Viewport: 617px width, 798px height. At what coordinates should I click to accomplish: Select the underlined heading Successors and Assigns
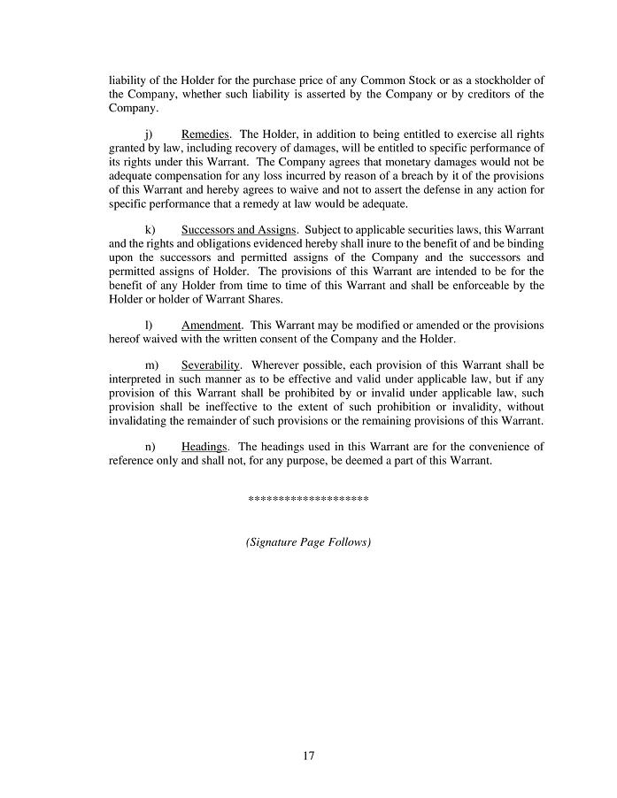[x=238, y=230]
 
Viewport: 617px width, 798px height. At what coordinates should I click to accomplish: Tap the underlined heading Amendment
[x=211, y=326]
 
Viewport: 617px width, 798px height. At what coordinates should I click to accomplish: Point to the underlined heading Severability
[x=210, y=364]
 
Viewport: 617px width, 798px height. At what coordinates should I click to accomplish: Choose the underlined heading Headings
[x=204, y=447]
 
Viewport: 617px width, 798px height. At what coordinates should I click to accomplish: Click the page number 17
[x=308, y=756]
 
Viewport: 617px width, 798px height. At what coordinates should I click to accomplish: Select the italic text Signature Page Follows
[x=308, y=541]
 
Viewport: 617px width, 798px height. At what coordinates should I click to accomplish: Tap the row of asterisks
[x=308, y=501]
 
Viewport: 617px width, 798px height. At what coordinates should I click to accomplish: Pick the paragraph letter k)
[x=150, y=230]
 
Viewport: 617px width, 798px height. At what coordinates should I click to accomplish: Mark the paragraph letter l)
[x=149, y=326]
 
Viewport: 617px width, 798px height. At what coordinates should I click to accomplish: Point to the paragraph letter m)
[x=150, y=364]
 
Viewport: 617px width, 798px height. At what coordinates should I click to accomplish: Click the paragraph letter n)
[x=150, y=447]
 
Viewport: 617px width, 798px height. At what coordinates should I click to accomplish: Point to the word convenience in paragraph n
[x=497, y=447]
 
